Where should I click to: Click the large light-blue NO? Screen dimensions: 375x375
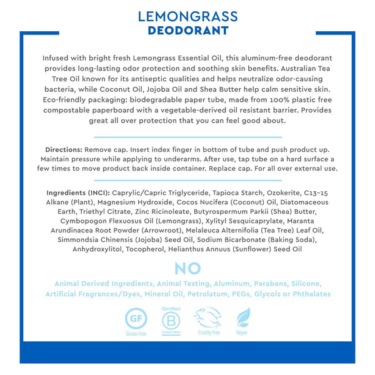187,268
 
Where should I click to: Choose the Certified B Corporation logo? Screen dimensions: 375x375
171,320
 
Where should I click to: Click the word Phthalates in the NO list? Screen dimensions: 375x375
308,294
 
